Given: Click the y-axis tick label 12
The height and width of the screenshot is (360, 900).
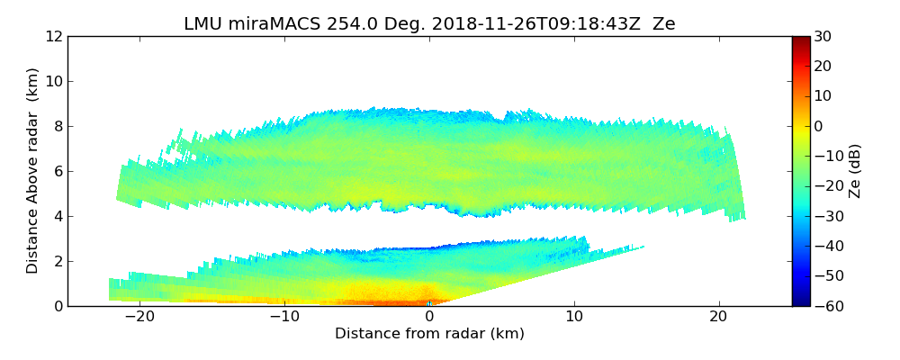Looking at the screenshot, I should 53,36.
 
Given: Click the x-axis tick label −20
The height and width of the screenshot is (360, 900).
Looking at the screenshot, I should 139,317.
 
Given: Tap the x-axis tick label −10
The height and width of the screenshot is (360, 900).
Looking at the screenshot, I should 284,317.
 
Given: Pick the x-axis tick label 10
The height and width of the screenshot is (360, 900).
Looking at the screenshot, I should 574,317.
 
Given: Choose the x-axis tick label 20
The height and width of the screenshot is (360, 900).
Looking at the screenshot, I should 718,317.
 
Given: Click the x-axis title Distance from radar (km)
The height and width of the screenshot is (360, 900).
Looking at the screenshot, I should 429,334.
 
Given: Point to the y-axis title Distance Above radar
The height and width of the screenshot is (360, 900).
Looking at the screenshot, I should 33,171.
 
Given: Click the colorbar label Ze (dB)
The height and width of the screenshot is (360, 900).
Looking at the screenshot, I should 855,171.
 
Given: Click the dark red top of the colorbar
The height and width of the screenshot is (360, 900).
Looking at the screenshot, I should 801,40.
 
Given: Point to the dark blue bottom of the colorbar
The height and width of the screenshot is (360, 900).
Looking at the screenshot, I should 801,301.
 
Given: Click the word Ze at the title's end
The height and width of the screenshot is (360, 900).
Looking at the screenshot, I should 664,24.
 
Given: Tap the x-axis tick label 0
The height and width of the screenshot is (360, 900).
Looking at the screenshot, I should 429,317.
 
